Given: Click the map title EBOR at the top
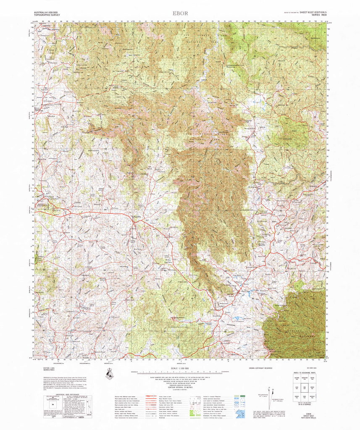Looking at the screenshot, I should pos(179,13).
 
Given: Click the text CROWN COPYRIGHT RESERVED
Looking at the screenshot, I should pos(260,368).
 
